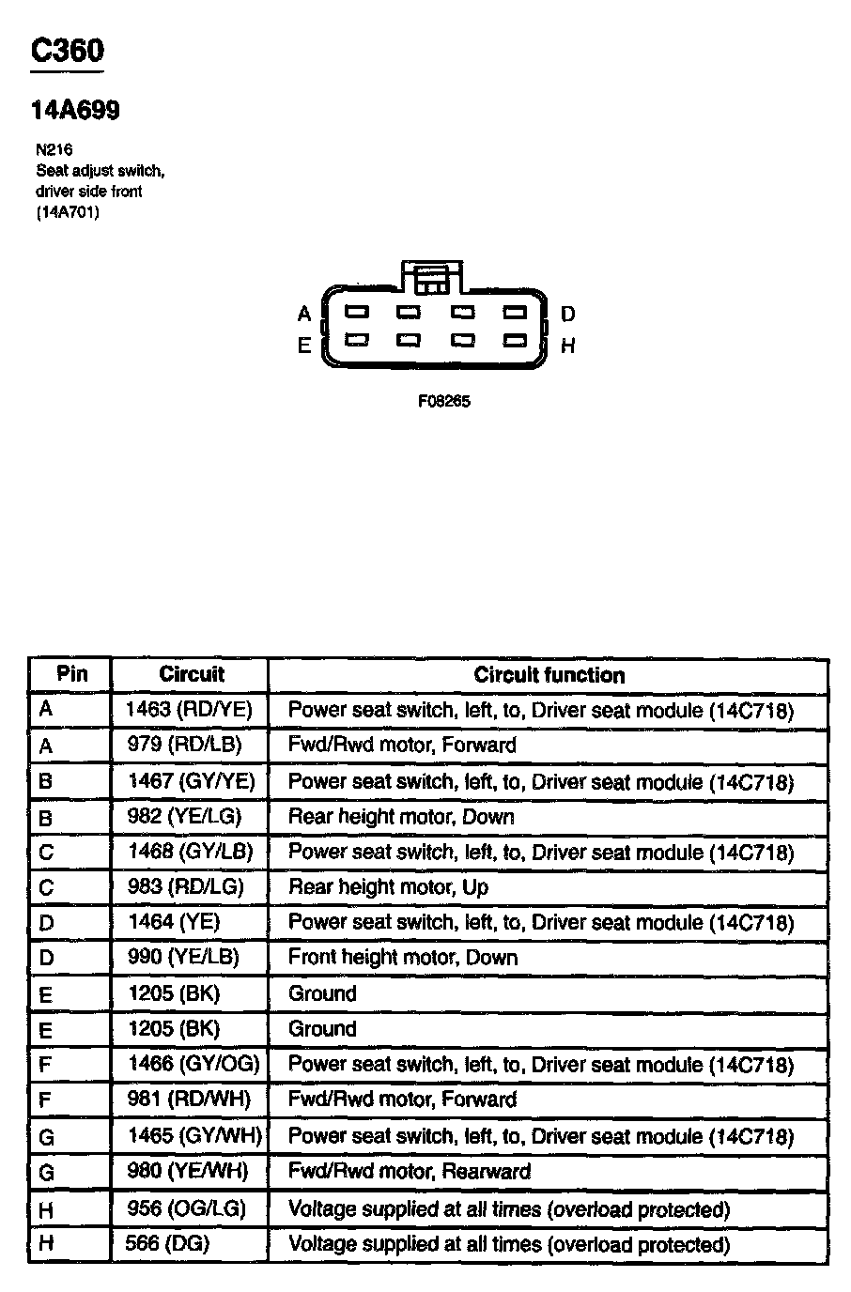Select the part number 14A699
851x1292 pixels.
coord(75,111)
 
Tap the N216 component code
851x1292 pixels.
coord(54,149)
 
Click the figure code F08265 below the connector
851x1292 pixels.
coord(443,401)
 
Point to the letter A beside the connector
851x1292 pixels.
coord(304,314)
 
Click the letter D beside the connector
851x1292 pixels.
coord(567,314)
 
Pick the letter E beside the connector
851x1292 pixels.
coord(304,346)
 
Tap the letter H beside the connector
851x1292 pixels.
coord(567,346)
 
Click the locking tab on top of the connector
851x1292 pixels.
coord(431,277)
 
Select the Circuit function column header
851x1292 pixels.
coord(549,674)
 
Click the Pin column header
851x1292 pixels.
coord(72,673)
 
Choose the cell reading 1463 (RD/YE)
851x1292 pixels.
coord(189,710)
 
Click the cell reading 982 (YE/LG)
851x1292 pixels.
coord(184,817)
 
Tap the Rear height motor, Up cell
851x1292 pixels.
coord(388,887)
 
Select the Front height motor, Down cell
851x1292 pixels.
coord(403,958)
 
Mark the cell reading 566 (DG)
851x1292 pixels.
coord(167,1244)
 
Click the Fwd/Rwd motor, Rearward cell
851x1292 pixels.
coord(409,1172)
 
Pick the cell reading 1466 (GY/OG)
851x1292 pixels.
coord(192,1064)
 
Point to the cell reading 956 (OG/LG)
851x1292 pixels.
coord(186,1208)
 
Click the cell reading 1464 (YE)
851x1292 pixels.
coord(174,922)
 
